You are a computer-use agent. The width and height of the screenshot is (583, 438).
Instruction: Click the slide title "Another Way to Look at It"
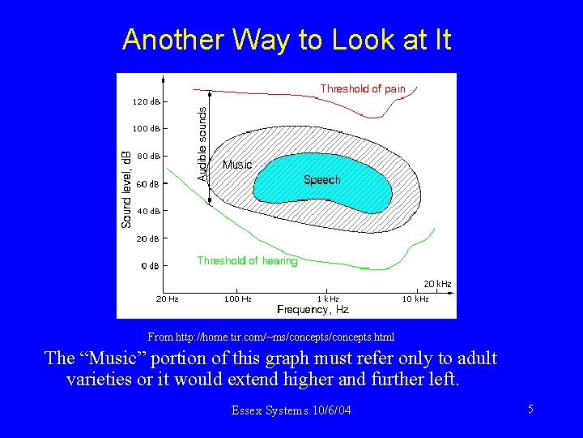pos(287,39)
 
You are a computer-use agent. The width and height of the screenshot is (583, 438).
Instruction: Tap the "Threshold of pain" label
pos(362,88)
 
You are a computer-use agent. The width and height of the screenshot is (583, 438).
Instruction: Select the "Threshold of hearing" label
pos(247,260)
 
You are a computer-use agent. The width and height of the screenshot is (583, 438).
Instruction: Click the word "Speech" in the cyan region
pos(322,180)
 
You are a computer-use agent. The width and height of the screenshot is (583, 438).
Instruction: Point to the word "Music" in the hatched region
pos(237,165)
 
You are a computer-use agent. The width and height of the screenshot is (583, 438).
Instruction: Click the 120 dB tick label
pos(146,102)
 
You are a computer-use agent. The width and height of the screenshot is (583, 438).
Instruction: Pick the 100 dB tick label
pos(146,129)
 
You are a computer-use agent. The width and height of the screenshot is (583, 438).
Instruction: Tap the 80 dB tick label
pos(147,156)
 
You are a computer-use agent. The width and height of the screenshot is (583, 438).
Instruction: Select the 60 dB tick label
pos(147,184)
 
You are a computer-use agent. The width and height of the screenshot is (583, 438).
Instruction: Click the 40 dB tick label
pos(147,211)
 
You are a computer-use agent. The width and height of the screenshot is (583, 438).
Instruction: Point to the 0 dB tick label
pos(149,266)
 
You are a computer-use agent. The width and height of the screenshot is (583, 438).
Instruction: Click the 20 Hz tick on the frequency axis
pos(167,299)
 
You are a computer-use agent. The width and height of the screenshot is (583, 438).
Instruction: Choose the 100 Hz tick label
pos(237,299)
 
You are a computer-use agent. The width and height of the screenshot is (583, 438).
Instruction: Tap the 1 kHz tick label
pos(327,299)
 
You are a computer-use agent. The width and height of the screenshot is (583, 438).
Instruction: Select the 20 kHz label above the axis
pos(437,284)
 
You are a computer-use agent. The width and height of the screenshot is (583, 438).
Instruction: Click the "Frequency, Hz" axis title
pos(313,310)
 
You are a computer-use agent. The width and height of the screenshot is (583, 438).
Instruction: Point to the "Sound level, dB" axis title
pos(127,189)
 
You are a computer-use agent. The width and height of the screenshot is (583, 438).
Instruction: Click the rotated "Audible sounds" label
pos(202,145)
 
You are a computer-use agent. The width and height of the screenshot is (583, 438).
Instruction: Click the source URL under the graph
pos(271,336)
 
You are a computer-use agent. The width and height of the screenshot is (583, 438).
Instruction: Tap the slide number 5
pos(530,410)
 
